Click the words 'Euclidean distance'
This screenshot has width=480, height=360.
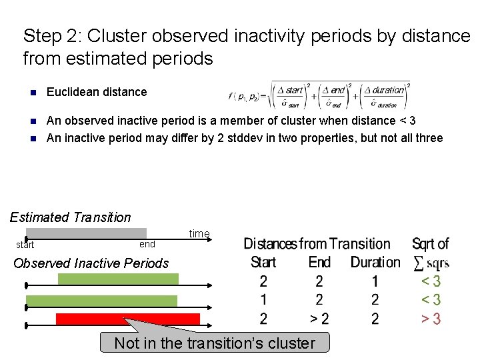[97, 92]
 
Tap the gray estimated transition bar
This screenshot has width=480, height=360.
[86, 233]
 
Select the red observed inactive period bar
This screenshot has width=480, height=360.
[128, 319]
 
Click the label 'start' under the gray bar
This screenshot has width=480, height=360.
[25, 245]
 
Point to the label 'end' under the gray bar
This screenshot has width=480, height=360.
[147, 244]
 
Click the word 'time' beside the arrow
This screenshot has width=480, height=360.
[199, 233]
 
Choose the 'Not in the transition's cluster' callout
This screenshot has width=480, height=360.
[214, 343]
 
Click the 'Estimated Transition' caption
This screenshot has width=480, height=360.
[71, 217]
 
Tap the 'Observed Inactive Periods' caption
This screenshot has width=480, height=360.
[91, 263]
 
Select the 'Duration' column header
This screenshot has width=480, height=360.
[375, 262]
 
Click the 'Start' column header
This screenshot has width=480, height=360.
[263, 262]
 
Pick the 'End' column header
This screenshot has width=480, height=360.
[319, 262]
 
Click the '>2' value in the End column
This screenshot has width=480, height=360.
[319, 319]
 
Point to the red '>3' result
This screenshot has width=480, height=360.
[431, 319]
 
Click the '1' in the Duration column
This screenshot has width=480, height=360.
[375, 281]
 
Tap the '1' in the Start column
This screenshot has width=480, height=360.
[263, 300]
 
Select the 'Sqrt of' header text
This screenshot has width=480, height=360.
[430, 244]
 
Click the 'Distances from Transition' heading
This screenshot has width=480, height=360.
[317, 244]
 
